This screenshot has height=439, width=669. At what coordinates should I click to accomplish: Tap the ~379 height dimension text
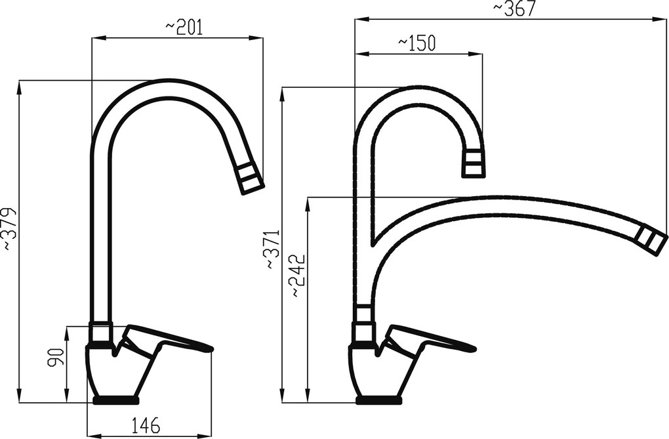[x=9, y=229]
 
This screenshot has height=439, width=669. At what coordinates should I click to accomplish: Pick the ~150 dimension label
[x=417, y=43]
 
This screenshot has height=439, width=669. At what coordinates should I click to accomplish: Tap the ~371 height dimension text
[x=272, y=250]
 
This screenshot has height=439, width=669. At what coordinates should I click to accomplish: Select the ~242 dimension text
[x=298, y=276]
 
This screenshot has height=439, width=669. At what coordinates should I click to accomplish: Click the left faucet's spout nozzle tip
[x=250, y=178]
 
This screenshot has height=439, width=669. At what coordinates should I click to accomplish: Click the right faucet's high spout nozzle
[x=474, y=164]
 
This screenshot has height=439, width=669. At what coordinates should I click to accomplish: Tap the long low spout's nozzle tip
[x=652, y=240]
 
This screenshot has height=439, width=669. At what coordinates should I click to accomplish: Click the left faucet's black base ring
[x=116, y=400]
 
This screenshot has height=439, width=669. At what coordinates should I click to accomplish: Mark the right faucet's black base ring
[x=378, y=400]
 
